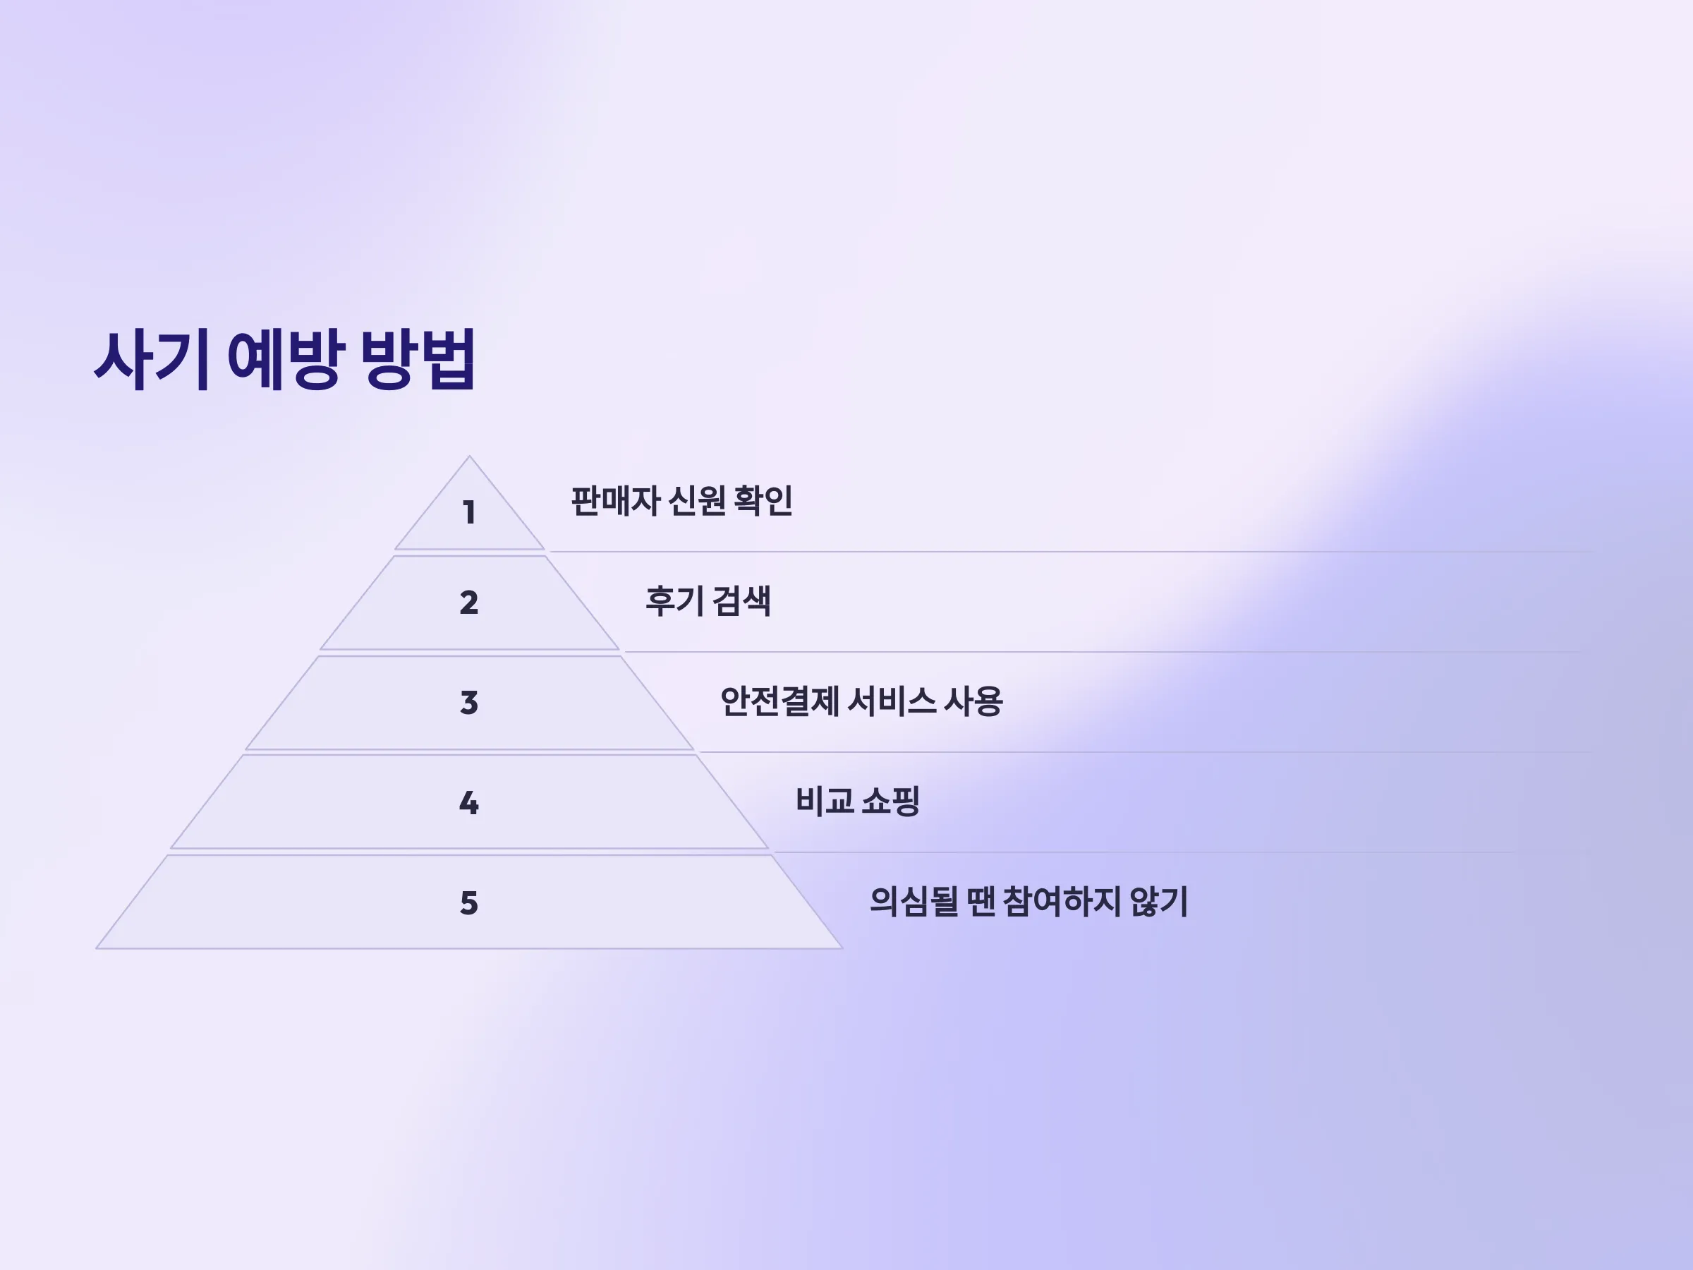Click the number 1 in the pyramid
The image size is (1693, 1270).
pyautogui.click(x=469, y=512)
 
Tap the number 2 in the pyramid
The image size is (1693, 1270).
pyautogui.click(x=469, y=603)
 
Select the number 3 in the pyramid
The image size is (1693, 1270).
pyautogui.click(x=469, y=703)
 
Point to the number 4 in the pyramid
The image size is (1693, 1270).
pyautogui.click(x=469, y=803)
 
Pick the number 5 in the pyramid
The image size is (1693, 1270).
pyautogui.click(x=469, y=903)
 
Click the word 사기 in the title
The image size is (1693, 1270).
pyautogui.click(x=152, y=360)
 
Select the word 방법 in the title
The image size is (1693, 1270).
pyautogui.click(x=418, y=360)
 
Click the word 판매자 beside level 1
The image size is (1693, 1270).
pyautogui.click(x=615, y=502)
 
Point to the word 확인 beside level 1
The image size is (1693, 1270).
pyautogui.click(x=763, y=502)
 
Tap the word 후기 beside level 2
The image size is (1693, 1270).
pyautogui.click(x=674, y=601)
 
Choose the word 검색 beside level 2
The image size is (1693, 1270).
pyautogui.click(x=741, y=601)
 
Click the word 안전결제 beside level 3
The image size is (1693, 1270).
pyautogui.click(x=780, y=701)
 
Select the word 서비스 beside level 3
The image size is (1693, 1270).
pyautogui.click(x=892, y=701)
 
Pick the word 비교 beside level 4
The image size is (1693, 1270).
pyautogui.click(x=825, y=802)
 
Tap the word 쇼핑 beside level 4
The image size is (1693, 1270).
pyautogui.click(x=890, y=802)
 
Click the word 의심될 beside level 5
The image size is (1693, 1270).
pyautogui.click(x=914, y=902)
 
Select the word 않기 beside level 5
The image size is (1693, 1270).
pyautogui.click(x=1159, y=902)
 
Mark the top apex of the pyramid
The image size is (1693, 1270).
pyautogui.click(x=469, y=456)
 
